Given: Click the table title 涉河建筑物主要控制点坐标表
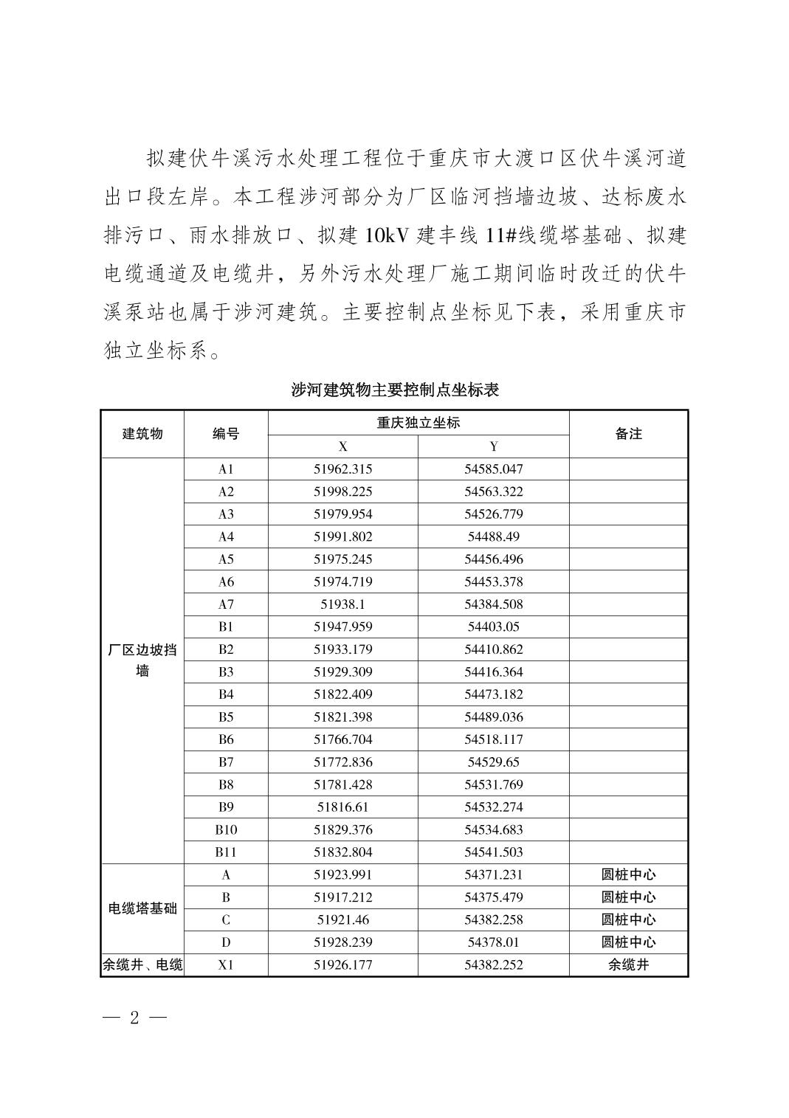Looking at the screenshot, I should pyautogui.click(x=395, y=390).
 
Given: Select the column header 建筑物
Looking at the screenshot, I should pyautogui.click(x=142, y=434).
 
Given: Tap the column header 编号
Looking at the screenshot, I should pyautogui.click(x=225, y=434).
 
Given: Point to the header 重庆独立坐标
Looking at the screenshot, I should pyautogui.click(x=418, y=423).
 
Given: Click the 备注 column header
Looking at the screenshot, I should pyautogui.click(x=628, y=434).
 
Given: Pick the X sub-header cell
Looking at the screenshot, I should pyautogui.click(x=342, y=446).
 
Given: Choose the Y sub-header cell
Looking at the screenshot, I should pyautogui.click(x=493, y=446).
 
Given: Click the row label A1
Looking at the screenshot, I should pyautogui.click(x=225, y=469).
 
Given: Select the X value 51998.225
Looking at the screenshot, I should pyautogui.click(x=342, y=491).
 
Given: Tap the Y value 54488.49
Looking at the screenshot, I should pyautogui.click(x=493, y=536).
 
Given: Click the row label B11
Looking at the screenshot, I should pyautogui.click(x=225, y=852).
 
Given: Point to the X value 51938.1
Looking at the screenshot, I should pyautogui.click(x=342, y=604).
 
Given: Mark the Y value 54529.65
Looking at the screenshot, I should pyautogui.click(x=493, y=762).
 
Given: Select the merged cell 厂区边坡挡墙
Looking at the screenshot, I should pyautogui.click(x=142, y=660).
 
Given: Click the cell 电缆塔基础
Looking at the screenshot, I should pyautogui.click(x=142, y=908).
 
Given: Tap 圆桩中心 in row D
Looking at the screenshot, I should pyautogui.click(x=628, y=942).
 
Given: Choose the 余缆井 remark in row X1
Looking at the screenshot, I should pyautogui.click(x=628, y=965).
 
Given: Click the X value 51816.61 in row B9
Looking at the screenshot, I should pyautogui.click(x=342, y=807).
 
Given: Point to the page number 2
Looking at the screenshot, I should pyautogui.click(x=134, y=1018).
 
